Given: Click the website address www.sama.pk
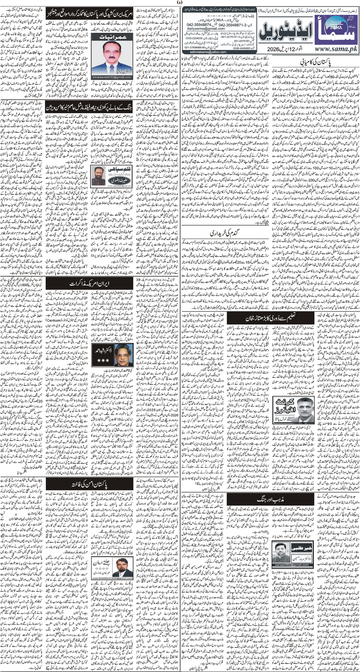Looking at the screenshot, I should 336,49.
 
